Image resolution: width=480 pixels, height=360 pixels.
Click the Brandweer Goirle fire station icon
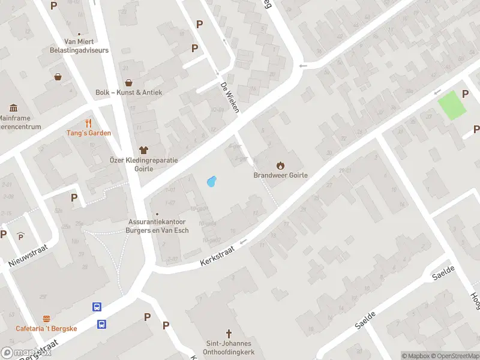(x=280, y=165)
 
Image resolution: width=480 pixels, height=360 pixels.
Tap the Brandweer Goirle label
(x=280, y=176)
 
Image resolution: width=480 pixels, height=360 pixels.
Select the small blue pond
(x=211, y=181)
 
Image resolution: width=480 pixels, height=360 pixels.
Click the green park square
(x=452, y=106)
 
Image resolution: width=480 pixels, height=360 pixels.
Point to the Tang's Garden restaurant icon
(x=89, y=122)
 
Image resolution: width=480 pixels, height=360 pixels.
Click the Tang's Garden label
(x=89, y=133)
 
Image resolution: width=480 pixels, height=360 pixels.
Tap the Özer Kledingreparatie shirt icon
(x=143, y=149)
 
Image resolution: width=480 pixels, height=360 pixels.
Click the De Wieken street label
(x=230, y=97)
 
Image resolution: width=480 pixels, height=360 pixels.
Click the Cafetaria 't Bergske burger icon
(x=46, y=318)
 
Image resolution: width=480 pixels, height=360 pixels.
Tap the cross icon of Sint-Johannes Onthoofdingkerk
(x=228, y=333)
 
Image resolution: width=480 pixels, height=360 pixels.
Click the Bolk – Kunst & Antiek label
(x=128, y=92)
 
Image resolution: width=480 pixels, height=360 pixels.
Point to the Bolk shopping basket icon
(x=128, y=82)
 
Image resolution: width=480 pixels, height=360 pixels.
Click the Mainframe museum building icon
(x=14, y=108)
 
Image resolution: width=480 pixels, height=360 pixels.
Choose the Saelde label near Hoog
(x=445, y=274)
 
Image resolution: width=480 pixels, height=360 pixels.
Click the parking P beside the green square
(x=465, y=94)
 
